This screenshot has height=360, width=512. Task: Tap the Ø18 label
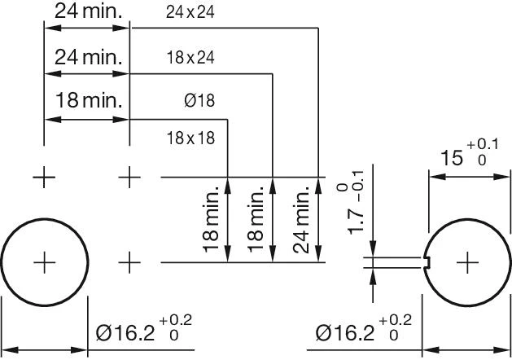coord(199,102)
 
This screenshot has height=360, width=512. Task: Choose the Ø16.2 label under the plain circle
coord(125,332)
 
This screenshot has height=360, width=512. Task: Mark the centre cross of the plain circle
coord(44,262)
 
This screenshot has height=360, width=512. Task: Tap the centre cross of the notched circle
coord(468,262)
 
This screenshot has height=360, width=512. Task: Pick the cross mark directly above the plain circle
coord(44,177)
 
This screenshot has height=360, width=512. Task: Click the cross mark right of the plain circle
coord(130,262)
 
